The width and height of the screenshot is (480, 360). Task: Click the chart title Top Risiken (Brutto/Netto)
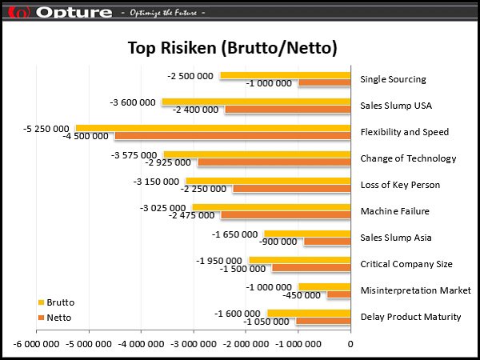(232, 48)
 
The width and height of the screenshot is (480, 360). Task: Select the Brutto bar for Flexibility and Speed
(213, 127)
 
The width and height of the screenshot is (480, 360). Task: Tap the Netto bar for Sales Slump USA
(287, 110)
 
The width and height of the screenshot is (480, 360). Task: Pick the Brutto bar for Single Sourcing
(285, 75)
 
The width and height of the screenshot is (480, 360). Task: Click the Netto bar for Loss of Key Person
(291, 189)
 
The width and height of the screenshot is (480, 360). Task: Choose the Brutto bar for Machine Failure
(271, 206)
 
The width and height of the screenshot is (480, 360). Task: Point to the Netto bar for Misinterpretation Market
(338, 294)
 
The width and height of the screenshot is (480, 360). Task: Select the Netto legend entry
(58, 318)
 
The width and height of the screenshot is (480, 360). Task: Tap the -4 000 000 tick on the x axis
(141, 344)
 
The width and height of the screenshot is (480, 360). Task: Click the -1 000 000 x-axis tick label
(298, 344)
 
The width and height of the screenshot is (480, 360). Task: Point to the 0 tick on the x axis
(350, 344)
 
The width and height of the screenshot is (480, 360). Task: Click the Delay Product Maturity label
(410, 317)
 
